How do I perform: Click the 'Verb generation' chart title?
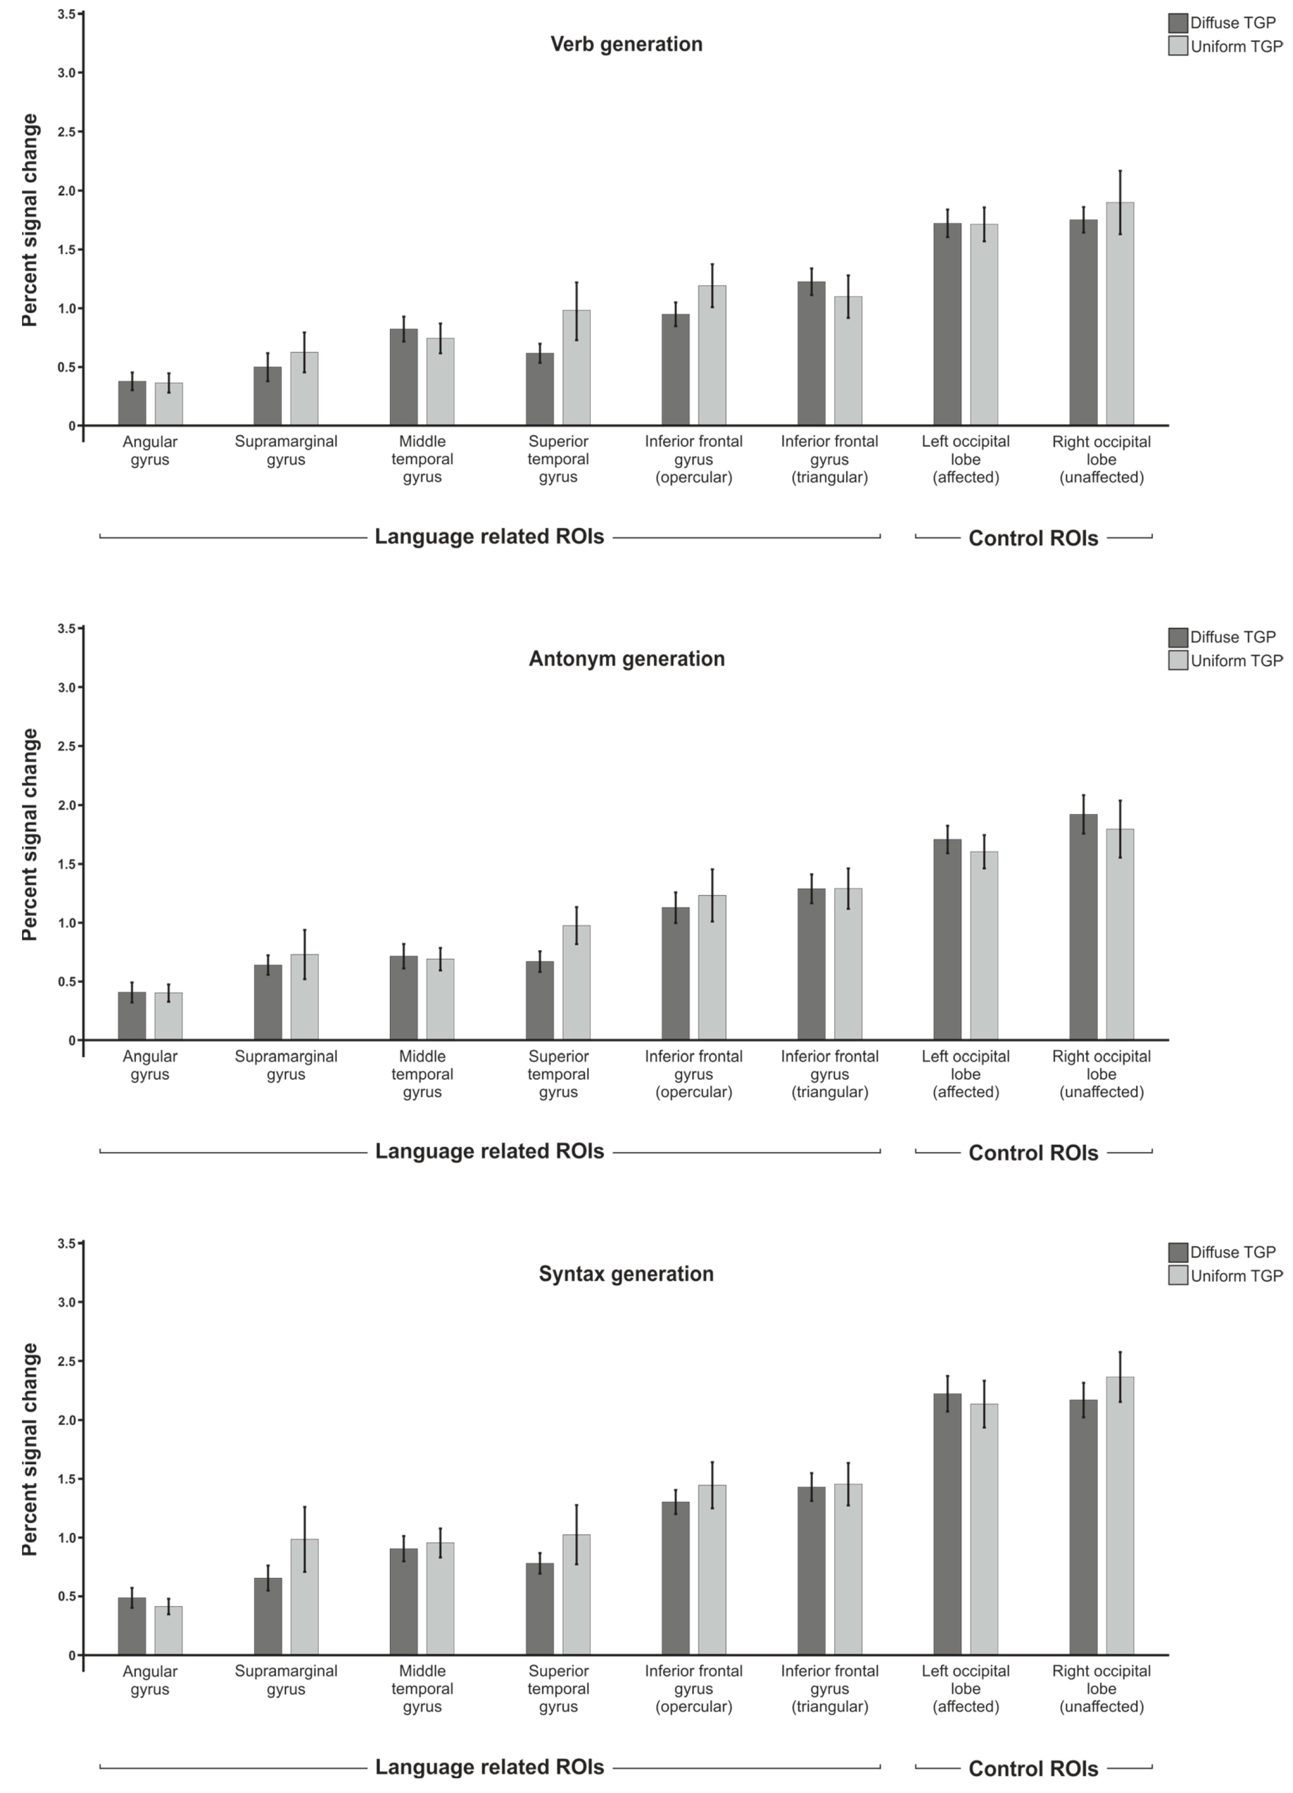626,44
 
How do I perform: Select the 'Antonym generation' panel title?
626,659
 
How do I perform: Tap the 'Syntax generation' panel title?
626,1274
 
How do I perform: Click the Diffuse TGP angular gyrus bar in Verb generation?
132,403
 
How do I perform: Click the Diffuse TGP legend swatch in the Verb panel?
1178,23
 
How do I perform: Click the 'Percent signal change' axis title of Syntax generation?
30,1450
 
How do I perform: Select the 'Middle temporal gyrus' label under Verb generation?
422,459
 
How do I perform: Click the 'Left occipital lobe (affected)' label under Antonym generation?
966,1074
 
